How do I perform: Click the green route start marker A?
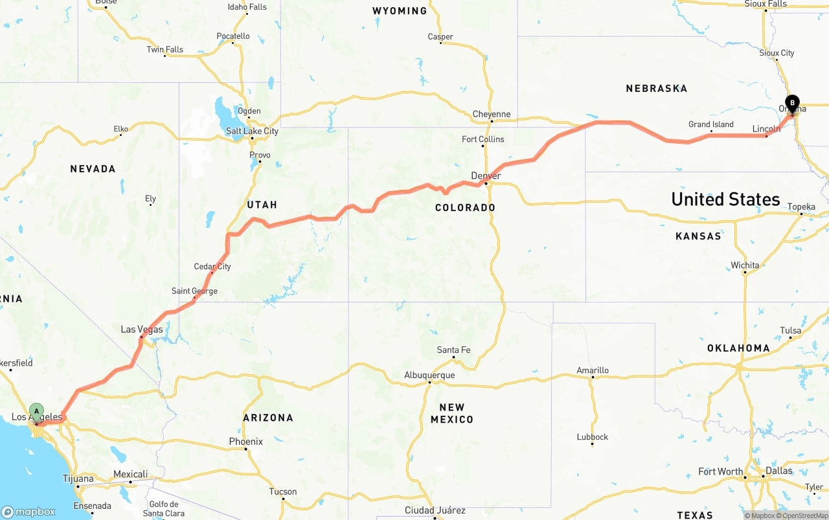(x=37, y=411)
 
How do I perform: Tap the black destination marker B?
(x=791, y=102)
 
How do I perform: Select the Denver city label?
(x=486, y=175)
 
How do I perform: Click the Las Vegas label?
(x=142, y=330)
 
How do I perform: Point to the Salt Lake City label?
(x=252, y=131)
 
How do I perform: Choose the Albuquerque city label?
(x=429, y=375)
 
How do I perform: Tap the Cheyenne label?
(x=492, y=114)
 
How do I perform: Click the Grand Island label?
(x=711, y=124)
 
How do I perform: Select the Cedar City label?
(x=212, y=266)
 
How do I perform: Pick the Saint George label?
(x=194, y=291)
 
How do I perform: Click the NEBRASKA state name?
(x=656, y=88)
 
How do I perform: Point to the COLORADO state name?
(x=465, y=207)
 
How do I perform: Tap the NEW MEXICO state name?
(x=451, y=413)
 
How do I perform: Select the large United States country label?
(x=725, y=199)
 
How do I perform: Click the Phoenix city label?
(x=245, y=442)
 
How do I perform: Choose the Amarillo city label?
(x=593, y=370)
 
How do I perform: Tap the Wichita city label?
(x=745, y=265)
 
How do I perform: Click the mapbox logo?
(x=28, y=512)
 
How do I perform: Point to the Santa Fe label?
(x=453, y=350)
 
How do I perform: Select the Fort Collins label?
(x=483, y=139)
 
